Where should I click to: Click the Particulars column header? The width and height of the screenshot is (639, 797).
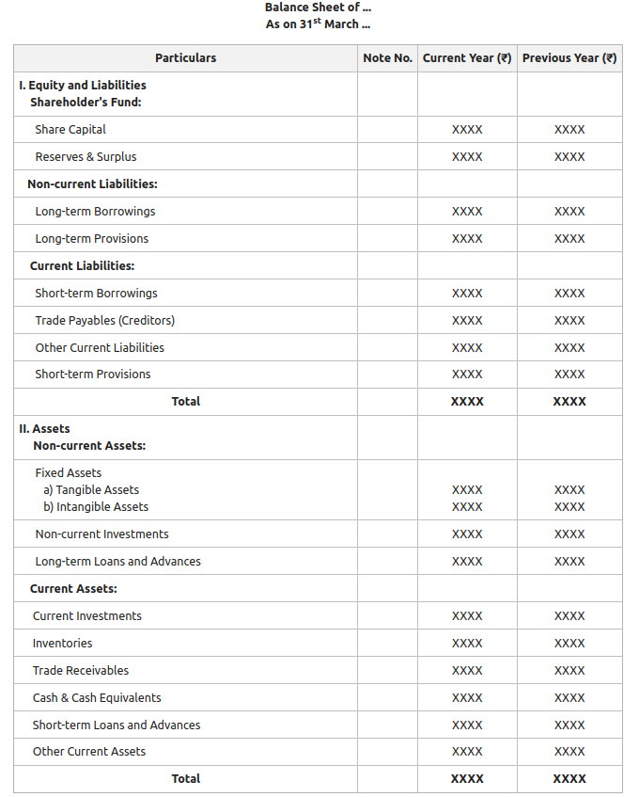[185, 58]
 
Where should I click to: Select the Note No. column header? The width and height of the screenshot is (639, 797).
[387, 58]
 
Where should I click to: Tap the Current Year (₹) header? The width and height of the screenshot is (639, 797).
[467, 58]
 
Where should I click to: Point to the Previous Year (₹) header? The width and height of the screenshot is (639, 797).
[569, 58]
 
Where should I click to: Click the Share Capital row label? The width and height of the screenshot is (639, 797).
[70, 130]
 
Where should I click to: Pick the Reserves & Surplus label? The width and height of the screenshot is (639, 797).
[86, 157]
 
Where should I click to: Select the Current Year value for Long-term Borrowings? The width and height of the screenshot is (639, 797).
[467, 212]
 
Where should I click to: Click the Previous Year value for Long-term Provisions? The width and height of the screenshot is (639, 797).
[569, 239]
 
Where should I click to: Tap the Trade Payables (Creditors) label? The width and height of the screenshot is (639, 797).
[104, 321]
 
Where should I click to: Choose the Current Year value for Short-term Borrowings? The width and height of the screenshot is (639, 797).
[467, 294]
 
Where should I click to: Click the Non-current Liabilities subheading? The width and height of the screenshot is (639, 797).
[92, 184]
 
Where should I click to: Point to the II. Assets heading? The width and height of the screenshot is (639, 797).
[44, 429]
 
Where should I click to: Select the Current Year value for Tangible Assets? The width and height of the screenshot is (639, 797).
[467, 490]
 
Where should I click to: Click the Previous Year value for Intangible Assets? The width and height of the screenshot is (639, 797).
[569, 507]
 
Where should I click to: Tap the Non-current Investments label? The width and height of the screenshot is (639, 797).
[101, 534]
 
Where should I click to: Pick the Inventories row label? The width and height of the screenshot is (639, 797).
[62, 644]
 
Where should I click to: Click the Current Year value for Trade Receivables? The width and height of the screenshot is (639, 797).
[467, 671]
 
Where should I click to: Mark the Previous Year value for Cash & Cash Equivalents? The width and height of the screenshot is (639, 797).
[569, 698]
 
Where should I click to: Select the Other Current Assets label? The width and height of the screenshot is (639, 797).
[89, 752]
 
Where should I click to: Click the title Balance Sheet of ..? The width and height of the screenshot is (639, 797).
[318, 8]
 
